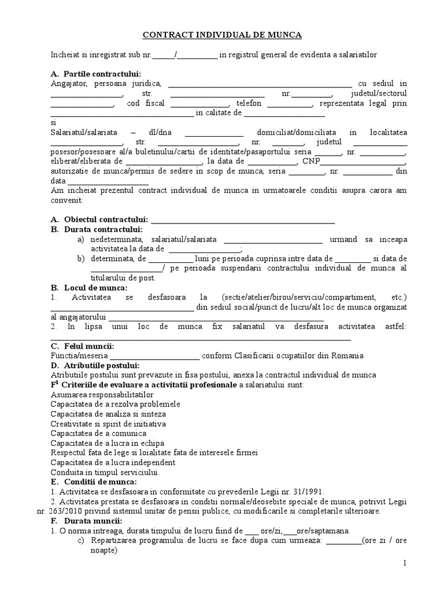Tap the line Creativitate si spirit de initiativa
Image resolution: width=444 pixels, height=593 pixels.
108,423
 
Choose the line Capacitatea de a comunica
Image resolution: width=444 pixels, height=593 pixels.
98,433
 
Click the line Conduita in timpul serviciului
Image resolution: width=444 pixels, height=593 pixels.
105,473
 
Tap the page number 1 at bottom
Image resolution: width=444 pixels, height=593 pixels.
405,563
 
